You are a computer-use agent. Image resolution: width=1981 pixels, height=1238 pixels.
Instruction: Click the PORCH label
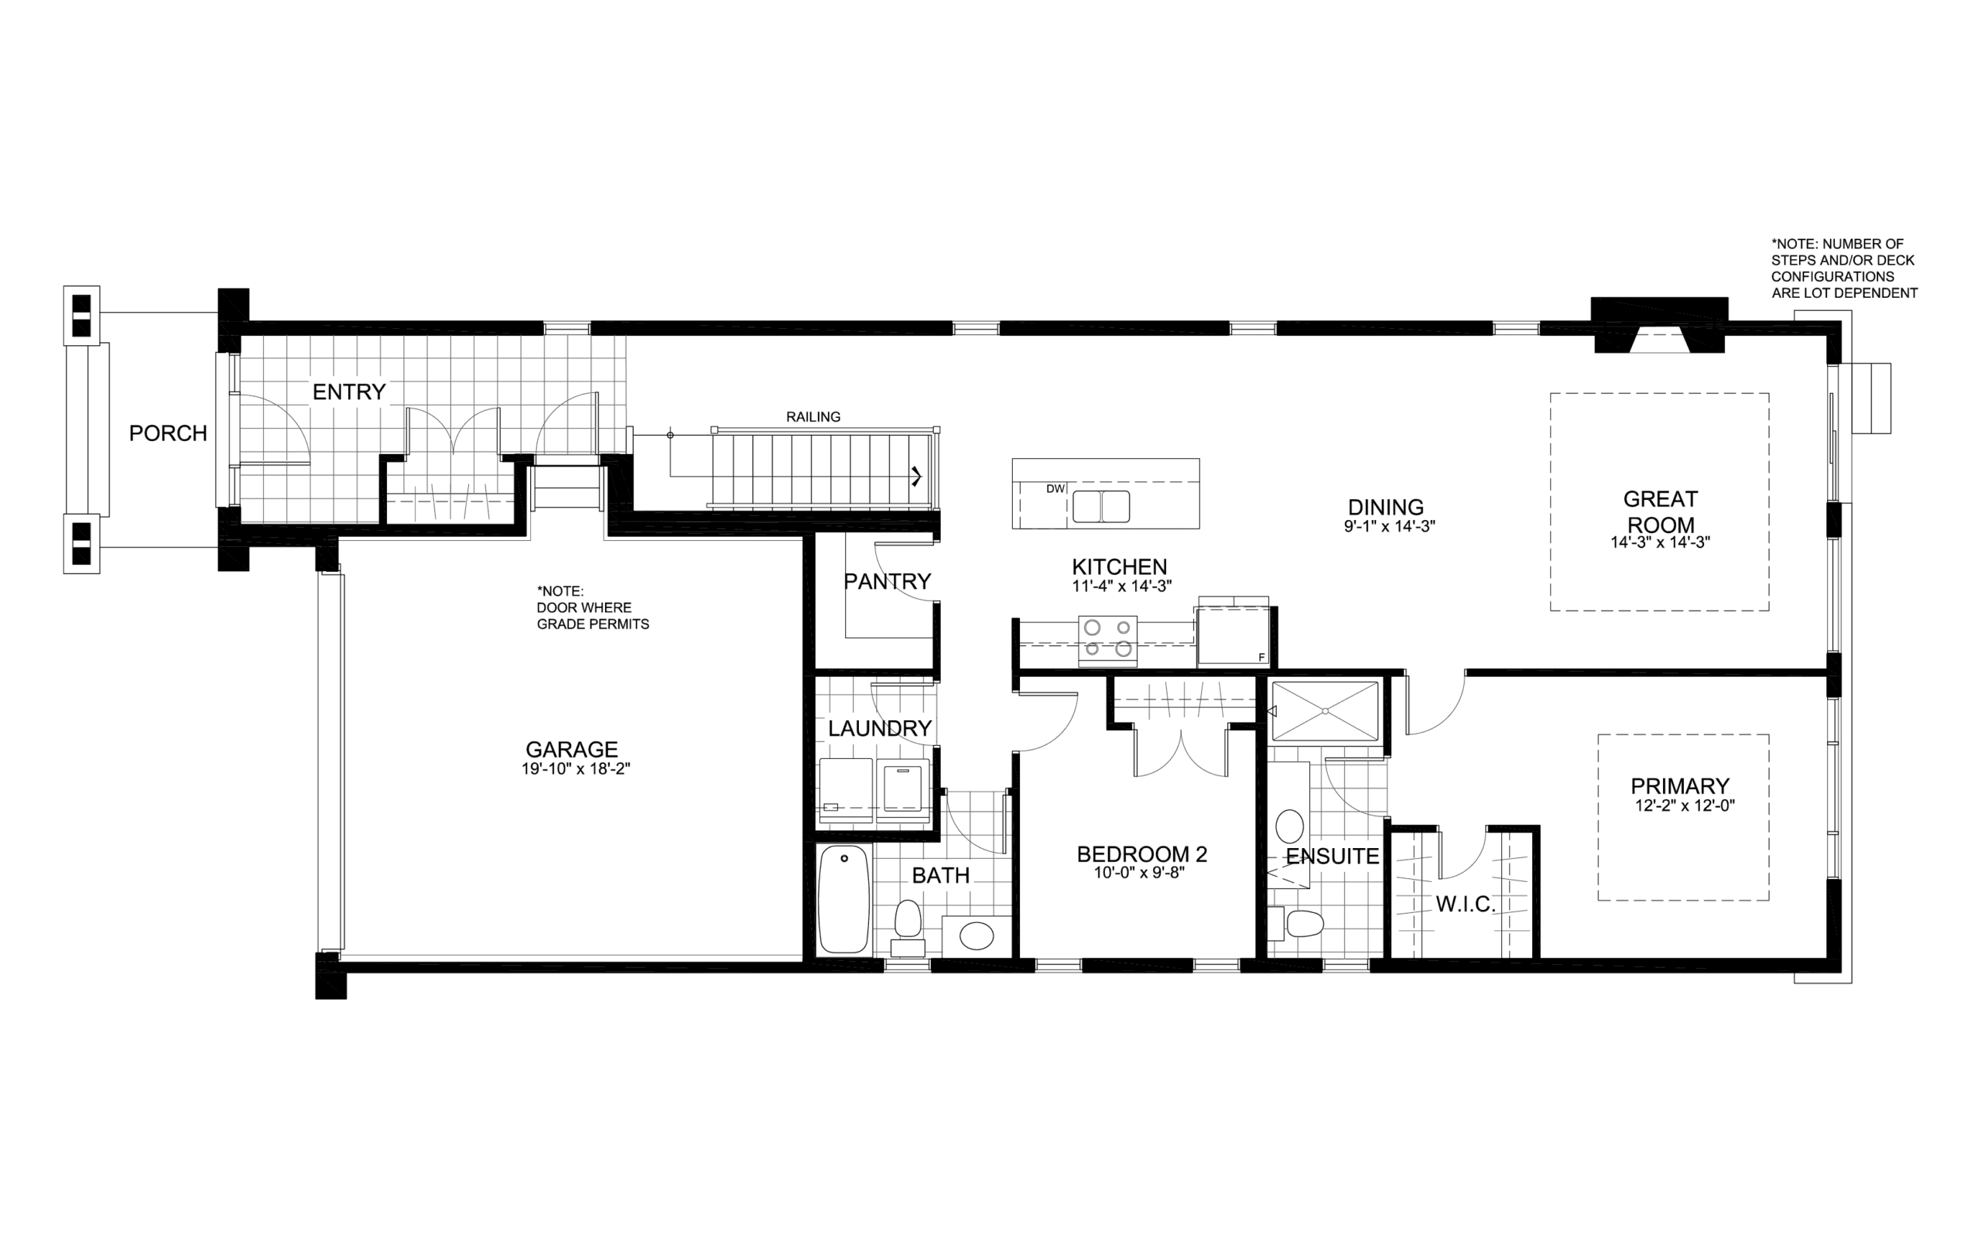(168, 433)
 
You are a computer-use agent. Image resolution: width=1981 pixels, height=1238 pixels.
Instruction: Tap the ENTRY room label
(349, 392)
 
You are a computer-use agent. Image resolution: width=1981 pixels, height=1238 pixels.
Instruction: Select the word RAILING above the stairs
(813, 417)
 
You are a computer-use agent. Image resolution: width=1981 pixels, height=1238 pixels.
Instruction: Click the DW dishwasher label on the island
(1056, 489)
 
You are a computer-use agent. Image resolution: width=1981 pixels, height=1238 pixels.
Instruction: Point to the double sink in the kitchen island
(1101, 506)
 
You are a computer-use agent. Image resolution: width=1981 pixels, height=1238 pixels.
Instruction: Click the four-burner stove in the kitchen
(1107, 638)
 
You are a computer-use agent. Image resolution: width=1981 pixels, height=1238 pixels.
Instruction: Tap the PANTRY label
(888, 581)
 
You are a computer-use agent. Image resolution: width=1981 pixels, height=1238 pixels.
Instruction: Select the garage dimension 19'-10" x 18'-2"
(576, 769)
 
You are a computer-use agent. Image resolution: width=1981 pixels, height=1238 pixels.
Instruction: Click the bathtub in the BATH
(844, 899)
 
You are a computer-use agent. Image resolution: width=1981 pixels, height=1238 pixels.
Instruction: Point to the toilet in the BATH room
(908, 927)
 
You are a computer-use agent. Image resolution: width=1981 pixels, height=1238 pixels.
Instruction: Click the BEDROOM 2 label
(1141, 854)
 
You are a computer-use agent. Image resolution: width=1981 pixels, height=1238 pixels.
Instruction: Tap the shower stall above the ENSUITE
(1325, 711)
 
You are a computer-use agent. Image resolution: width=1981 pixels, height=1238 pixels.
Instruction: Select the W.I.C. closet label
(1466, 904)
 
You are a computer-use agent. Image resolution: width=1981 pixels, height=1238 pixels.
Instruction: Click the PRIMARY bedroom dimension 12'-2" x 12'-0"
(1685, 805)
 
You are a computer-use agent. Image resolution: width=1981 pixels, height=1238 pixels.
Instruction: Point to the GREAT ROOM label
(1660, 511)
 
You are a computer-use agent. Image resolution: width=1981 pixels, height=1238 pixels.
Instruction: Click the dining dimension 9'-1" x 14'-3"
(1389, 525)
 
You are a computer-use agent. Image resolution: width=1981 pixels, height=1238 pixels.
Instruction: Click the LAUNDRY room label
(879, 729)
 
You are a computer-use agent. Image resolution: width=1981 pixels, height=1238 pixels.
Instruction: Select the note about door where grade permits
(593, 607)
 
